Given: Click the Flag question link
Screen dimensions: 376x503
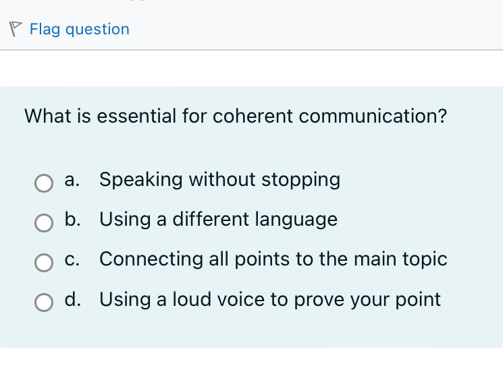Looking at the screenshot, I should [x=79, y=29].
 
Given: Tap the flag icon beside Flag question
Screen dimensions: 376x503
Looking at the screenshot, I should [x=16, y=28].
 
